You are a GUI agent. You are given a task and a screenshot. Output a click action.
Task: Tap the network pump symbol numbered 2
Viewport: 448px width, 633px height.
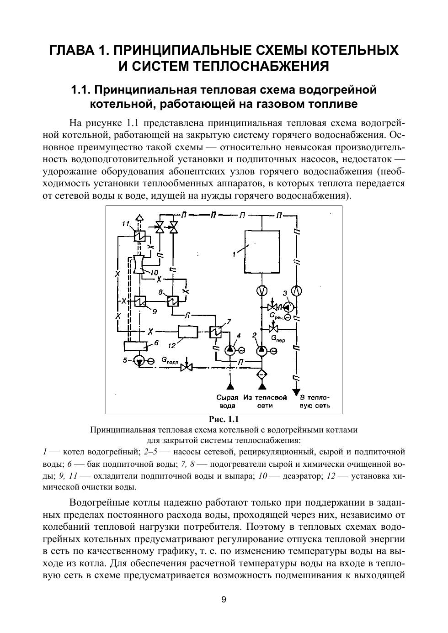point(261,351)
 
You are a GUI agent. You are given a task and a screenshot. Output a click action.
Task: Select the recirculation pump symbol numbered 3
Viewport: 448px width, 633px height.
point(288,307)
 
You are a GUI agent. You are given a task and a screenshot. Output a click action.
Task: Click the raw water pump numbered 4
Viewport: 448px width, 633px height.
point(230,350)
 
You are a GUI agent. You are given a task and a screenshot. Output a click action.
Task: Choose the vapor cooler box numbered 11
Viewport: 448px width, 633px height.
point(139,236)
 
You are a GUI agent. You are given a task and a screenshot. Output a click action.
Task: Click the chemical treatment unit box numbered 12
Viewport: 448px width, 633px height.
point(187,331)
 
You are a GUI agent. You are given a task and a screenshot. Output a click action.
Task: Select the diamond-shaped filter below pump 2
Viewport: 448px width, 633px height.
point(261,374)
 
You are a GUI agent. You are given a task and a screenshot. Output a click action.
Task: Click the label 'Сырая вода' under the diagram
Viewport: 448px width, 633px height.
point(228,401)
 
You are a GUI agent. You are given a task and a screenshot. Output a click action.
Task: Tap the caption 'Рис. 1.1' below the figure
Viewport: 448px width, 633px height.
point(224,419)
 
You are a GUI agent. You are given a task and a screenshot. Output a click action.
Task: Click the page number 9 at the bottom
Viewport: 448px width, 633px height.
point(224,600)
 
